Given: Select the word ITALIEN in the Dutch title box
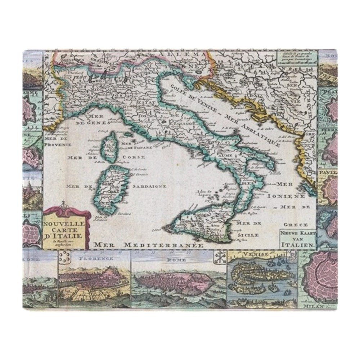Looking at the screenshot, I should [298, 244].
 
